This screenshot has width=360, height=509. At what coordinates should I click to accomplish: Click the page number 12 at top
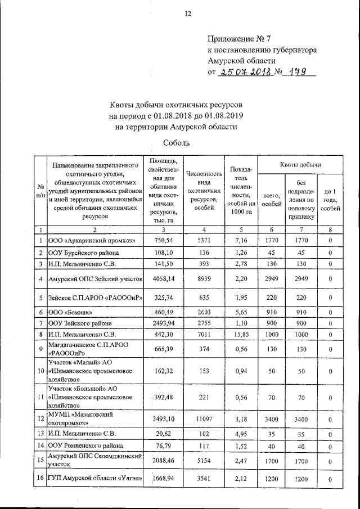click(180, 14)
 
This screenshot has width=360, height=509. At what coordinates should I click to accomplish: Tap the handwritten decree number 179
click(299, 72)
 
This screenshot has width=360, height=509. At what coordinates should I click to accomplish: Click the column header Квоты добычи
click(300, 165)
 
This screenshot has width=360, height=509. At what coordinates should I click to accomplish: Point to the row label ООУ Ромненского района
click(80, 446)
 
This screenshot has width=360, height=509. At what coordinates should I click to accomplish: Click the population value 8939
click(205, 278)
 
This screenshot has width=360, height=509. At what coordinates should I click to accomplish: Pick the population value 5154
click(205, 461)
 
